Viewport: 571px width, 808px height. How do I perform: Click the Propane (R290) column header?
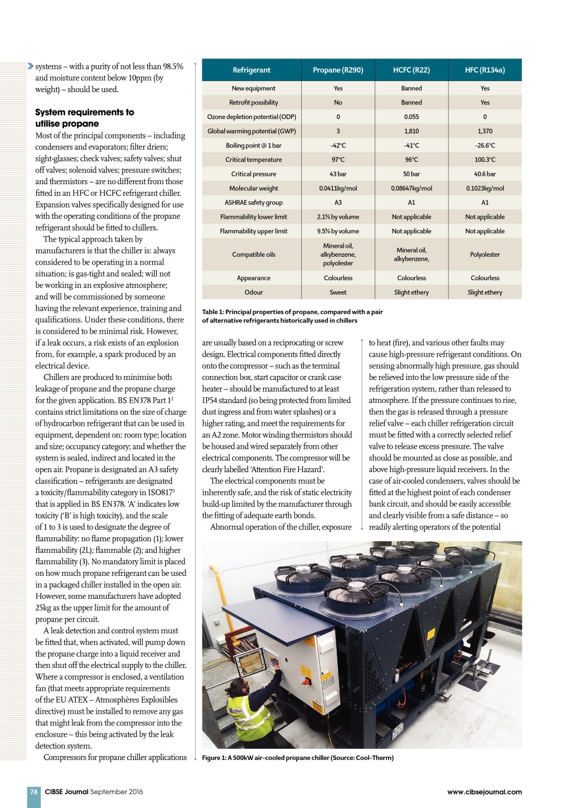click(338, 70)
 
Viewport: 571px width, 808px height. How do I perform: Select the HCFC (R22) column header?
click(412, 70)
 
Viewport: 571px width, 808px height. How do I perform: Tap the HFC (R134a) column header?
click(485, 70)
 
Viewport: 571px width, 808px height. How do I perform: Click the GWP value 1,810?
click(412, 131)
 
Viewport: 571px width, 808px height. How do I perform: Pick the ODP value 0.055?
click(412, 117)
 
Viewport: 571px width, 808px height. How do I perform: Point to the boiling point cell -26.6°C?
click(485, 145)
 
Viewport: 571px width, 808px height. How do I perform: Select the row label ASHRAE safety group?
click(253, 203)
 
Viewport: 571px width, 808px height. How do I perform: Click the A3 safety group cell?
click(338, 203)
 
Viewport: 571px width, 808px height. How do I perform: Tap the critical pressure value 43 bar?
click(338, 174)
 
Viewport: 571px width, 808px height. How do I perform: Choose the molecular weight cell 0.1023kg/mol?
click(485, 188)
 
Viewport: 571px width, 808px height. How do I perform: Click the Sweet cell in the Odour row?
click(338, 292)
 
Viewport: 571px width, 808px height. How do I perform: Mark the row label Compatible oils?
click(253, 254)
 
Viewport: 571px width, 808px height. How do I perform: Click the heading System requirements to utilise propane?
click(85, 118)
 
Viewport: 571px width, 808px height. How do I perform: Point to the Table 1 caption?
click(292, 316)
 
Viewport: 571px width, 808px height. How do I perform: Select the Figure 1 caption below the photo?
click(298, 758)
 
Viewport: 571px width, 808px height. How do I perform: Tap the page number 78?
click(34, 791)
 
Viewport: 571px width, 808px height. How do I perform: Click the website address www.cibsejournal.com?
click(484, 791)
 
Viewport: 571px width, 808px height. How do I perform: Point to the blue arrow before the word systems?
click(30, 66)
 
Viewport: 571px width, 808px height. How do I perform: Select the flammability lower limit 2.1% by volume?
click(338, 217)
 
